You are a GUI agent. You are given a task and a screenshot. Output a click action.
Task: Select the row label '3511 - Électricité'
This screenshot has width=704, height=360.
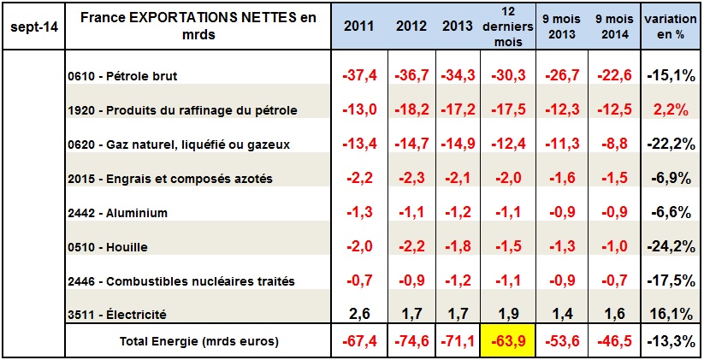(117, 315)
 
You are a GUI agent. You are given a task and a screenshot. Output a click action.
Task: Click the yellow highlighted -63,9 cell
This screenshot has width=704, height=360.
(505, 339)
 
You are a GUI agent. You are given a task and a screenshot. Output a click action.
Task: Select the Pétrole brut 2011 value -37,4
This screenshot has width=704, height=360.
(358, 76)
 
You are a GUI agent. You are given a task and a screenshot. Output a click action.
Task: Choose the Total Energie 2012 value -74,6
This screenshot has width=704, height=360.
(411, 339)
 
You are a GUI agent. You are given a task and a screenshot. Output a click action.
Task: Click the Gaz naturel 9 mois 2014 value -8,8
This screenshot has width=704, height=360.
(612, 144)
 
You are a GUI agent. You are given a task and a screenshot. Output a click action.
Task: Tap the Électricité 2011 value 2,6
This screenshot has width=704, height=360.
(358, 315)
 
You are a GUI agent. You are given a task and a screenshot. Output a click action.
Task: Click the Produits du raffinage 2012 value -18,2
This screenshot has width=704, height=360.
(411, 109)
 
